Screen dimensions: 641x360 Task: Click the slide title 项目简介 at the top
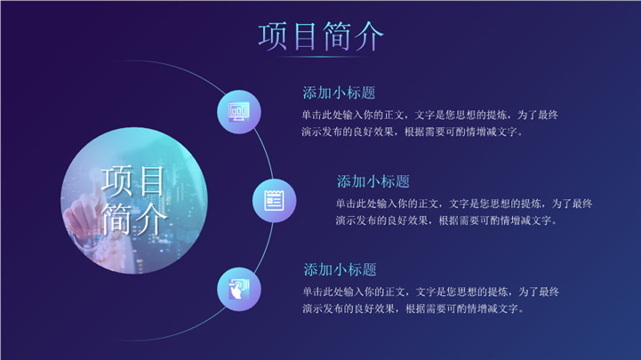click(x=321, y=36)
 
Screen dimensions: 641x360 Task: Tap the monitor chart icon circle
click(x=239, y=112)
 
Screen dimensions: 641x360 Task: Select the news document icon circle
click(x=275, y=201)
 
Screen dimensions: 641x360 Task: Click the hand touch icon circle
click(x=239, y=289)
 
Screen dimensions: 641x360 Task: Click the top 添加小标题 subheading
click(x=339, y=92)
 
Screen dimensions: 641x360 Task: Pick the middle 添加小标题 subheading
click(x=373, y=181)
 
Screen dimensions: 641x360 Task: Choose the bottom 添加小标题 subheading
click(x=340, y=269)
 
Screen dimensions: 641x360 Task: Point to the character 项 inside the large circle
click(x=117, y=181)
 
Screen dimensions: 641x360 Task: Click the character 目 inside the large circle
click(x=152, y=181)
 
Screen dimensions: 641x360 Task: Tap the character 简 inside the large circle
click(x=117, y=219)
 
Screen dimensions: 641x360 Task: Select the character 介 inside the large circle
click(x=151, y=219)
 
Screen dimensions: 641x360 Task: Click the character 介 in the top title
click(x=369, y=36)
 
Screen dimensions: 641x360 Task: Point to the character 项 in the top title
click(x=273, y=36)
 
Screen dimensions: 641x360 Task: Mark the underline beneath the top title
click(x=321, y=57)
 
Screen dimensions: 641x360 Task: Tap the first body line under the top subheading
click(x=429, y=116)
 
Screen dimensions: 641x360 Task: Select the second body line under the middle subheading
click(x=446, y=220)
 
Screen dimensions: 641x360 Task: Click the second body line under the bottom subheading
click(x=413, y=309)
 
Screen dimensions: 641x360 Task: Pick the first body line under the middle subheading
click(x=464, y=204)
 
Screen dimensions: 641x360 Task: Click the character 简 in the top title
click(x=337, y=36)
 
